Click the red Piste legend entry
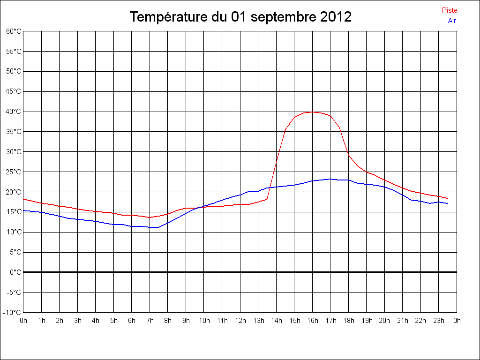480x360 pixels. point(449,10)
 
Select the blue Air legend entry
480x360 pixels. point(451,20)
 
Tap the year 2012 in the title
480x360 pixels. point(336,17)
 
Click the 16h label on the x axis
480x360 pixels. point(313,321)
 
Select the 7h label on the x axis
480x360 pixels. point(150,321)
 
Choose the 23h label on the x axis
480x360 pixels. point(439,321)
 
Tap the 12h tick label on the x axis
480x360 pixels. point(240,321)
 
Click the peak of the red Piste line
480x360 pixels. point(312,112)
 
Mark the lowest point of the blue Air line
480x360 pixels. point(155,227)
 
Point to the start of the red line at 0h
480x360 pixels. point(23,199)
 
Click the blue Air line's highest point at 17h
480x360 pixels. point(330,179)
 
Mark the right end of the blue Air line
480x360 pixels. point(447,203)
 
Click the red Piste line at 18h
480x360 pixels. point(348,155)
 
